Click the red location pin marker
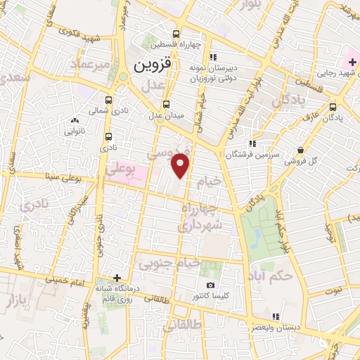click(181, 165)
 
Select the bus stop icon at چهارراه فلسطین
click(175, 33)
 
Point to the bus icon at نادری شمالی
click(108, 101)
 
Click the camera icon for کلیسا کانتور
click(210, 285)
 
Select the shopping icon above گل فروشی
click(301, 150)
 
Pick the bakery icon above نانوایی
click(75, 121)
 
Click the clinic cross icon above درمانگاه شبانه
click(118, 278)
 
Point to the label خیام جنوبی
click(159, 264)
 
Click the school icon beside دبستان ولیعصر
click(276, 316)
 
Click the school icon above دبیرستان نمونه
click(212, 57)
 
